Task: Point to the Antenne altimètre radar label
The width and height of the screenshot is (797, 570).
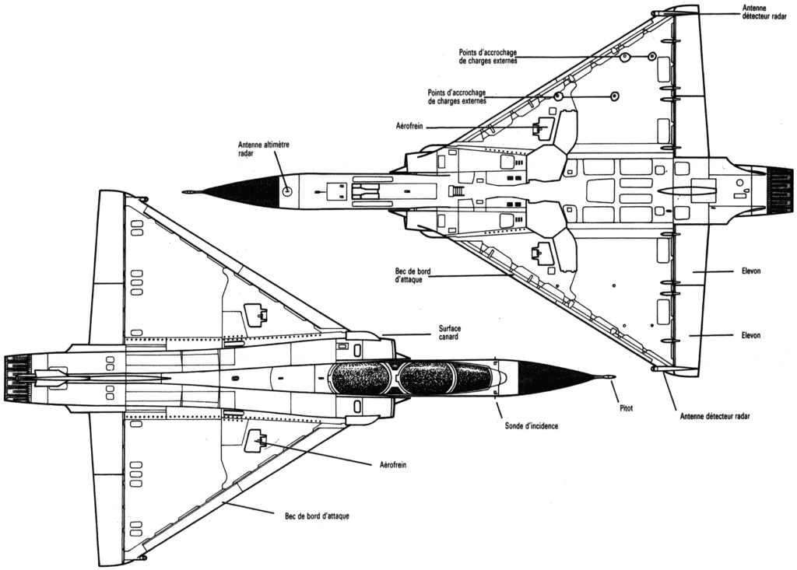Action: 257,149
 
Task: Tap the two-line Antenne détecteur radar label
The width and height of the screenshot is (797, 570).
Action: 764,11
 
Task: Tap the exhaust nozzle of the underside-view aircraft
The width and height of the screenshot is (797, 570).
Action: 779,189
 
